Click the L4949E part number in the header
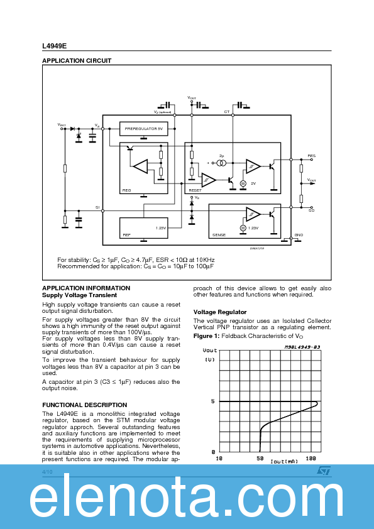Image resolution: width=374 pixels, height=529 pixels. click(x=54, y=46)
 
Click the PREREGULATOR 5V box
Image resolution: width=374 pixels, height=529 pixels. click(x=143, y=128)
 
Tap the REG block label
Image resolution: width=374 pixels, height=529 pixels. click(x=126, y=189)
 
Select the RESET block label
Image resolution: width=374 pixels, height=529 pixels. click(x=195, y=189)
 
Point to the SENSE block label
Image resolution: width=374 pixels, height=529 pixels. click(x=219, y=234)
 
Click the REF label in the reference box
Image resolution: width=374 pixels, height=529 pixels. click(x=126, y=234)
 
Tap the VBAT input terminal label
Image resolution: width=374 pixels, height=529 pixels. click(x=62, y=124)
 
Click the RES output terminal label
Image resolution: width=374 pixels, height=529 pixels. click(x=311, y=155)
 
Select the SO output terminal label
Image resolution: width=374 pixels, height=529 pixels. click(x=311, y=211)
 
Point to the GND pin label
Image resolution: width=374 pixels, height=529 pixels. click(x=299, y=234)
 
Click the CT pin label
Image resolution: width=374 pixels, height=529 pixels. click(x=227, y=112)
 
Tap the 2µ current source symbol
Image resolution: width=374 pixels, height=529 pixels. click(x=221, y=163)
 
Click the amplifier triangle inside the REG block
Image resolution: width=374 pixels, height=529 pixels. click(x=140, y=166)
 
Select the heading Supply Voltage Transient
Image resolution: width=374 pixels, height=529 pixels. click(x=79, y=295)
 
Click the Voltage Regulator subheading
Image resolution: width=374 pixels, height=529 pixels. click(x=220, y=312)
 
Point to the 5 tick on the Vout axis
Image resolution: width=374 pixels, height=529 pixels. click(x=212, y=401)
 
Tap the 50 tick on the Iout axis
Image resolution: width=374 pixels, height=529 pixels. click(x=260, y=459)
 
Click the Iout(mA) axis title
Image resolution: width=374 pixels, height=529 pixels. click(x=284, y=462)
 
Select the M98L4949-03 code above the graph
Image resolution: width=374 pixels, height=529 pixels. click(x=302, y=346)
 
